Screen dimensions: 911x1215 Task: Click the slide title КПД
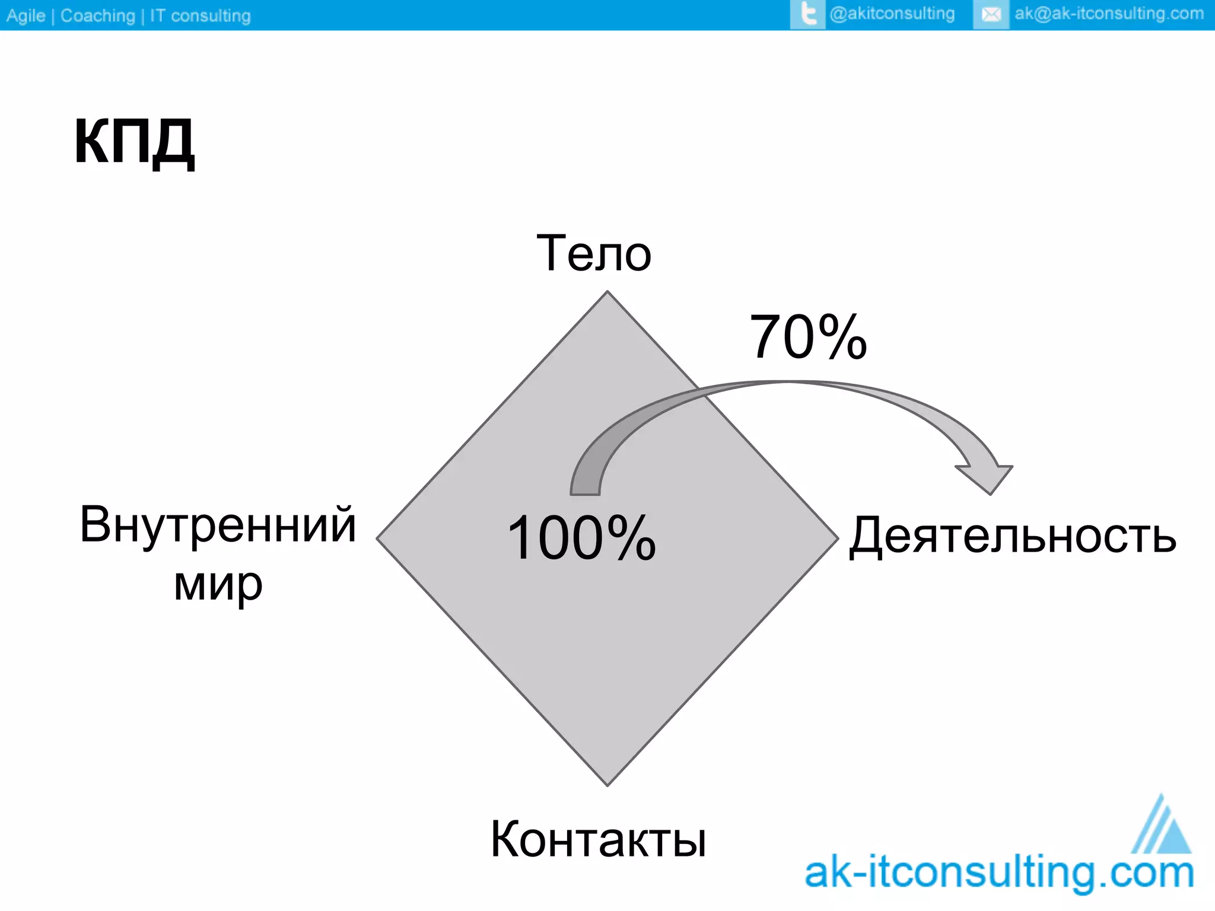[134, 141]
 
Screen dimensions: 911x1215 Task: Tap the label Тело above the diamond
[594, 253]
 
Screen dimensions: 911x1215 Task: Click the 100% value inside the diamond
[581, 537]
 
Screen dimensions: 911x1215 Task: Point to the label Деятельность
[1012, 535]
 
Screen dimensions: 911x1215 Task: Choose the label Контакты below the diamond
[598, 839]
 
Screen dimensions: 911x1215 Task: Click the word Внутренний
[218, 524]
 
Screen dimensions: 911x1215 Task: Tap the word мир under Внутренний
[218, 585]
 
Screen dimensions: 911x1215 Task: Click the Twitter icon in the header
[807, 14]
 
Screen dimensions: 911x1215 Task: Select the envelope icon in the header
[991, 14]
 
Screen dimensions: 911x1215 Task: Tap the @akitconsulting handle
[892, 14]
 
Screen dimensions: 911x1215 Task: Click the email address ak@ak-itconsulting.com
[1109, 14]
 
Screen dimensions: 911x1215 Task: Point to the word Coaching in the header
[98, 15]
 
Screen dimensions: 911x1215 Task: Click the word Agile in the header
[26, 15]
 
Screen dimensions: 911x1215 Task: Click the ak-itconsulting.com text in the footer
[999, 874]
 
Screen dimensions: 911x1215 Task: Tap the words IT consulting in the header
[200, 15]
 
